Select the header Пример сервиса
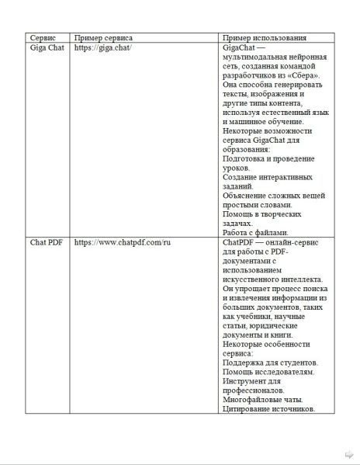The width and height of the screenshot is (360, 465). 102,37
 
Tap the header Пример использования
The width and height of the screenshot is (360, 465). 262,37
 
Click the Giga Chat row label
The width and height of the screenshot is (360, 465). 47,48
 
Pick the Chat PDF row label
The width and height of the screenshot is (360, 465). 46,242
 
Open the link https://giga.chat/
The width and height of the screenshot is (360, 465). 102,48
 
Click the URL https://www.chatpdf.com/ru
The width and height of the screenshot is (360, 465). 122,242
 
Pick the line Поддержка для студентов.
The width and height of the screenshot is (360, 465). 268,363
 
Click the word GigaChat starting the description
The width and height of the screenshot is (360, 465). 241,48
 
